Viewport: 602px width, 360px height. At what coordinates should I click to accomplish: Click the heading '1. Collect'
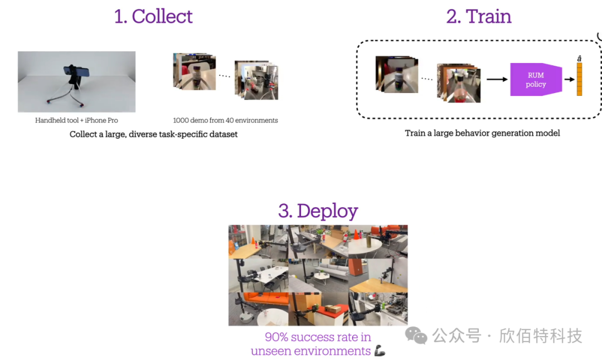click(x=153, y=17)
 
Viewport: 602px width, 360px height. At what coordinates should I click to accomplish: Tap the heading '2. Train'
click(x=479, y=17)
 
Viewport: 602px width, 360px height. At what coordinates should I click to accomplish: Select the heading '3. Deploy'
click(x=318, y=211)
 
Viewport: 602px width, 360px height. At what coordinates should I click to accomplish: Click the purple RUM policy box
click(x=536, y=80)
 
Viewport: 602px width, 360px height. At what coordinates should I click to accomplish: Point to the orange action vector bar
click(x=579, y=79)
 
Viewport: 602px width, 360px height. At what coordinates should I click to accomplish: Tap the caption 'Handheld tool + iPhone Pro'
click(x=76, y=120)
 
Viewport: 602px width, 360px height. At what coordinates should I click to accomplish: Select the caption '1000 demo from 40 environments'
click(x=225, y=120)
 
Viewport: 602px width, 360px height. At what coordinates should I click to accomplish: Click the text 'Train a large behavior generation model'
click(x=482, y=133)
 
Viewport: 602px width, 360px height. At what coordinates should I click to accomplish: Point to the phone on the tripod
click(x=76, y=71)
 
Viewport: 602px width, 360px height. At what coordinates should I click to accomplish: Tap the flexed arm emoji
click(x=380, y=351)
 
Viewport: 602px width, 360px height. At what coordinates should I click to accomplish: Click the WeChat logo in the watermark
click(x=416, y=335)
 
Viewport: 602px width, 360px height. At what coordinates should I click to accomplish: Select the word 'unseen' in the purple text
click(x=270, y=351)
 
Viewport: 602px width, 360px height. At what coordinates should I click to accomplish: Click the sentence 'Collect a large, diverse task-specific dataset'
click(x=153, y=134)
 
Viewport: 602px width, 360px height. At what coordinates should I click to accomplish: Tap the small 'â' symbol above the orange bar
click(x=579, y=59)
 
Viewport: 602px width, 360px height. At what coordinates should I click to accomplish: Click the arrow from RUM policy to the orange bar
click(x=569, y=80)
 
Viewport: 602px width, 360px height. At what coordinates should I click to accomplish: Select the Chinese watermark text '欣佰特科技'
click(x=541, y=335)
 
